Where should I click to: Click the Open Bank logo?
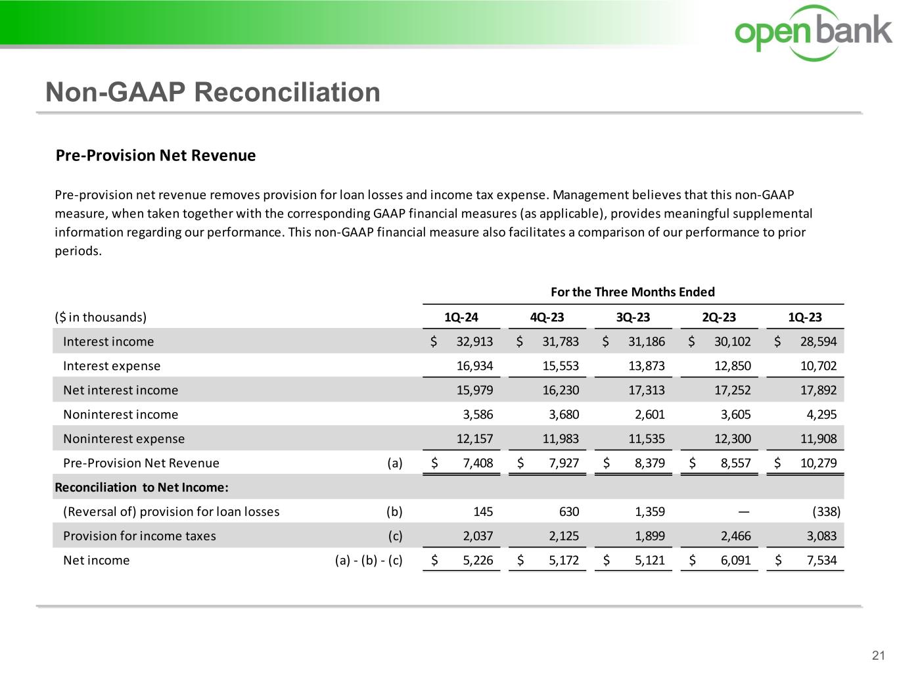click(x=814, y=32)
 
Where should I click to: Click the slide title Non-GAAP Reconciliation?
click(x=212, y=92)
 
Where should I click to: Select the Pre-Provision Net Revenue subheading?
click(x=156, y=156)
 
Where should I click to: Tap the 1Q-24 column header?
click(x=461, y=317)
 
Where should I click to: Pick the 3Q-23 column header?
click(x=633, y=317)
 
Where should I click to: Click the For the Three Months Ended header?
click(x=632, y=292)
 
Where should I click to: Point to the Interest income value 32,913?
click(x=474, y=342)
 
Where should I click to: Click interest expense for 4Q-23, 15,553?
click(x=561, y=366)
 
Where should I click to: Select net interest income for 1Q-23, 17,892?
click(x=818, y=390)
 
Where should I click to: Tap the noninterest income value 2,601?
click(x=650, y=415)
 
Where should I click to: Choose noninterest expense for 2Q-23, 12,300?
click(x=732, y=439)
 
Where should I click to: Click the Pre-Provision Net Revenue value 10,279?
click(x=818, y=463)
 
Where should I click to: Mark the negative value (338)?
click(x=826, y=512)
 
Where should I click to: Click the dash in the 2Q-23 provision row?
click(x=743, y=512)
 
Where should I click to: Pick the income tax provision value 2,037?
click(x=478, y=536)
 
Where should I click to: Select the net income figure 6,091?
click(x=736, y=561)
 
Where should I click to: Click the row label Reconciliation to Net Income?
click(x=141, y=488)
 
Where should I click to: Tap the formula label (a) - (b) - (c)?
click(x=369, y=561)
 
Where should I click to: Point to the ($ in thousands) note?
click(x=101, y=317)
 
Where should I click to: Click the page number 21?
click(x=879, y=655)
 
